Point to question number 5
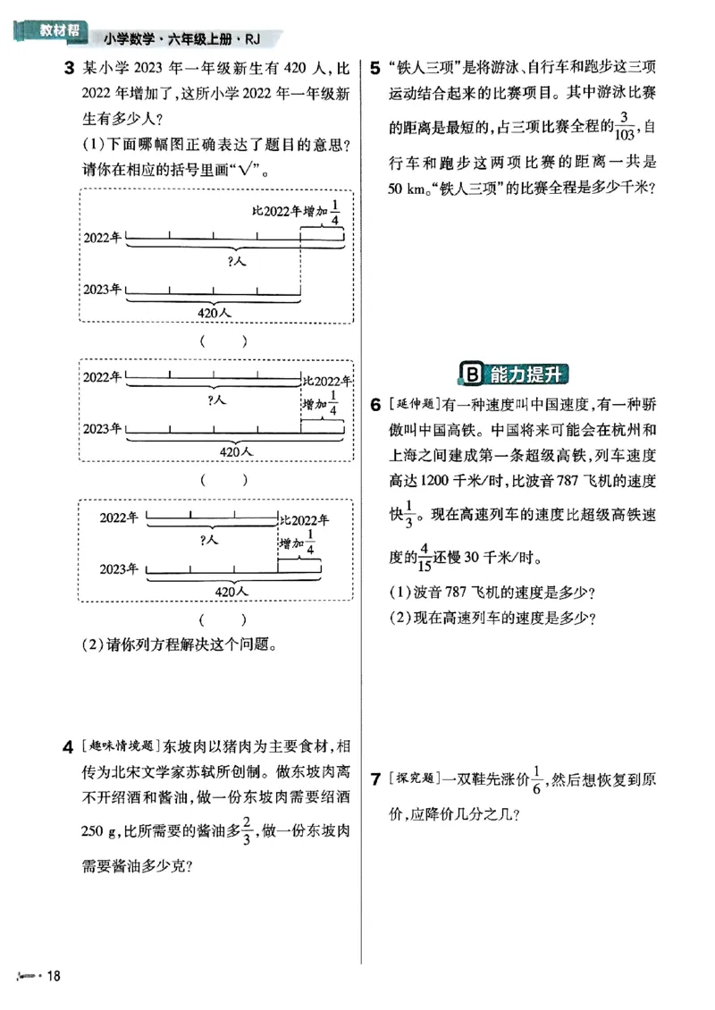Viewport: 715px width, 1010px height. coord(375,68)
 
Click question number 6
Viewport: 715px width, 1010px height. coord(375,405)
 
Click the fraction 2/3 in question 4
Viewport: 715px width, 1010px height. coord(245,832)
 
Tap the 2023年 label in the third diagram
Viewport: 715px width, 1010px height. coord(119,569)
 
